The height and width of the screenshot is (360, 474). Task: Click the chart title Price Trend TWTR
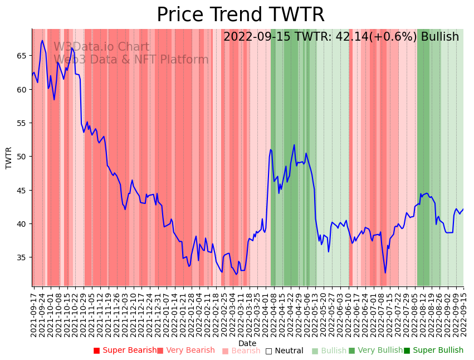tap(240, 14)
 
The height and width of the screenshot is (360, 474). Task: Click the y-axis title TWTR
tap(9, 158)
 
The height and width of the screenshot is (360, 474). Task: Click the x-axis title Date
tap(247, 344)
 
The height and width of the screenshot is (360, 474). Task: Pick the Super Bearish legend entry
tap(125, 351)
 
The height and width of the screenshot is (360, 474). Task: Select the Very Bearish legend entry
tap(185, 351)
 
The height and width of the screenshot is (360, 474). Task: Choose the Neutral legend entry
tap(284, 351)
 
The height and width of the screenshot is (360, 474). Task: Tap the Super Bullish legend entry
tap(434, 351)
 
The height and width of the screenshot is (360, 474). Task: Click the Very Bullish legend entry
tap(375, 351)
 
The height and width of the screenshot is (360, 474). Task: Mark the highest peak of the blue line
tap(42, 41)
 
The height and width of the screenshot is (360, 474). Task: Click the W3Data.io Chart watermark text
tap(101, 47)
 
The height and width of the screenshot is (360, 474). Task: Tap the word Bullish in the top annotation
tap(440, 37)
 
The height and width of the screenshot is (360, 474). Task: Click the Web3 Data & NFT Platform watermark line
tap(131, 60)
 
